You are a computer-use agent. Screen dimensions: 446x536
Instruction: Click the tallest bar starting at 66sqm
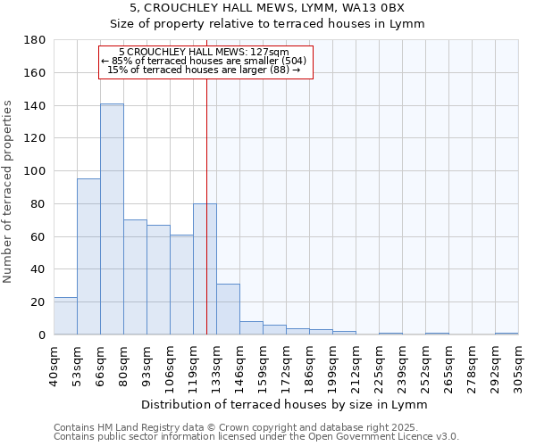pyautogui.click(x=112, y=219)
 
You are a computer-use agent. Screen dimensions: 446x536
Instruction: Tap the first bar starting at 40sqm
pyautogui.click(x=65, y=316)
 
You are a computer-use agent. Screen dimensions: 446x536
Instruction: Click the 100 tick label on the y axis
pyautogui.click(x=35, y=171)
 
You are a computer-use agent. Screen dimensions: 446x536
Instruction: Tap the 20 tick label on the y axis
pyautogui.click(x=38, y=302)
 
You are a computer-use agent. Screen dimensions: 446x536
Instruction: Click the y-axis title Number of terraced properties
pyautogui.click(x=8, y=191)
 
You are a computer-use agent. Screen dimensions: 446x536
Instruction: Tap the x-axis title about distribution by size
pyautogui.click(x=285, y=405)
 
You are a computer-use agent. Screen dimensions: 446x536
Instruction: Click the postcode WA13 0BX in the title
pyautogui.click(x=380, y=7)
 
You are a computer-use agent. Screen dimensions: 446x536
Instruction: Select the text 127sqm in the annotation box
pyautogui.click(x=269, y=53)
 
